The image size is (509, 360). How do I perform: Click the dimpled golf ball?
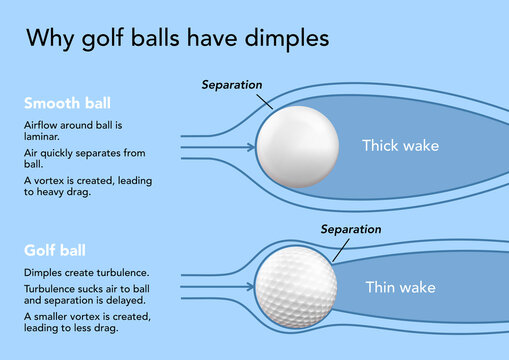(x=295, y=286)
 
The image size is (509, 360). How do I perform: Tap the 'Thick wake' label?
(x=400, y=146)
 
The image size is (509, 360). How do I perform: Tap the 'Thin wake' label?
(x=400, y=288)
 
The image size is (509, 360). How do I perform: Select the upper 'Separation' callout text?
(x=233, y=84)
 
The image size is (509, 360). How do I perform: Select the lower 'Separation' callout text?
(x=352, y=229)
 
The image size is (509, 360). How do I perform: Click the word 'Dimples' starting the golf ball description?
(x=42, y=272)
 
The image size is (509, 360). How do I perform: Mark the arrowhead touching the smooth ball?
(x=250, y=148)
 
